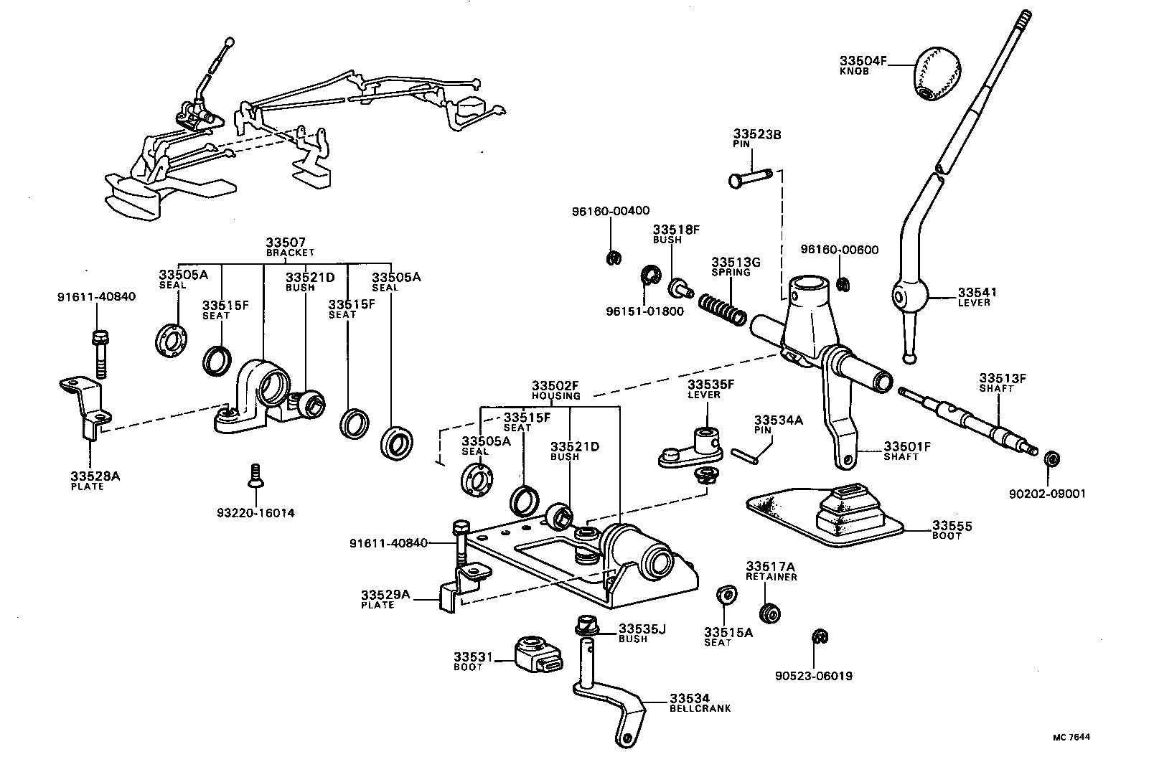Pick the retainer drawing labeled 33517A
point(770,613)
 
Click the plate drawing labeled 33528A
point(85,409)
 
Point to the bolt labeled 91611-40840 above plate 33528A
point(100,353)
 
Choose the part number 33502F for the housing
point(555,385)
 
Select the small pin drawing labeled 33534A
point(745,456)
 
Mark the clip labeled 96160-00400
point(612,258)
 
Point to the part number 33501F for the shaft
point(906,446)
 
